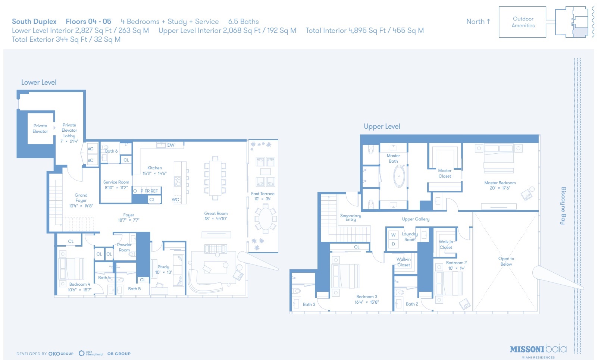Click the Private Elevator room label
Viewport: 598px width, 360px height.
pyautogui.click(x=40, y=129)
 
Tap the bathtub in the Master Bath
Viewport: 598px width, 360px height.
pyautogui.click(x=399, y=176)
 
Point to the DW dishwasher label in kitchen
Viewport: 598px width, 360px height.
pyautogui.click(x=171, y=145)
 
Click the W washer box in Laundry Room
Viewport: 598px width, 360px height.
pyautogui.click(x=393, y=235)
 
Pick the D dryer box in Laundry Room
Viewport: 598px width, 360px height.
pyautogui.click(x=393, y=244)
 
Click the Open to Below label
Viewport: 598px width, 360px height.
pyautogui.click(x=506, y=261)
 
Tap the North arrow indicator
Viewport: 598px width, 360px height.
pyautogui.click(x=478, y=22)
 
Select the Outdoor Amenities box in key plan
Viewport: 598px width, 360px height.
pyautogui.click(x=523, y=22)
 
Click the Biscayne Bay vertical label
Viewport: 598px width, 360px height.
pyautogui.click(x=563, y=206)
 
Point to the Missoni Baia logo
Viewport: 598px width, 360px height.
pyautogui.click(x=538, y=350)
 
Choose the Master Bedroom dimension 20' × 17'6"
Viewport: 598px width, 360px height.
pyautogui.click(x=500, y=188)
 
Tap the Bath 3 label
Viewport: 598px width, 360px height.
pyautogui.click(x=309, y=304)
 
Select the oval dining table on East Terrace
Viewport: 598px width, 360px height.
pyautogui.click(x=266, y=219)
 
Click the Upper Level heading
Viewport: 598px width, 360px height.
pyautogui.click(x=382, y=126)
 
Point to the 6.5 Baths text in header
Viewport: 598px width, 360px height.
pyautogui.click(x=243, y=22)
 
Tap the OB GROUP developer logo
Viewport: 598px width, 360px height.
pyautogui.click(x=119, y=354)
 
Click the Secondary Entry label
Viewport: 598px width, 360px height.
pyautogui.click(x=351, y=217)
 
